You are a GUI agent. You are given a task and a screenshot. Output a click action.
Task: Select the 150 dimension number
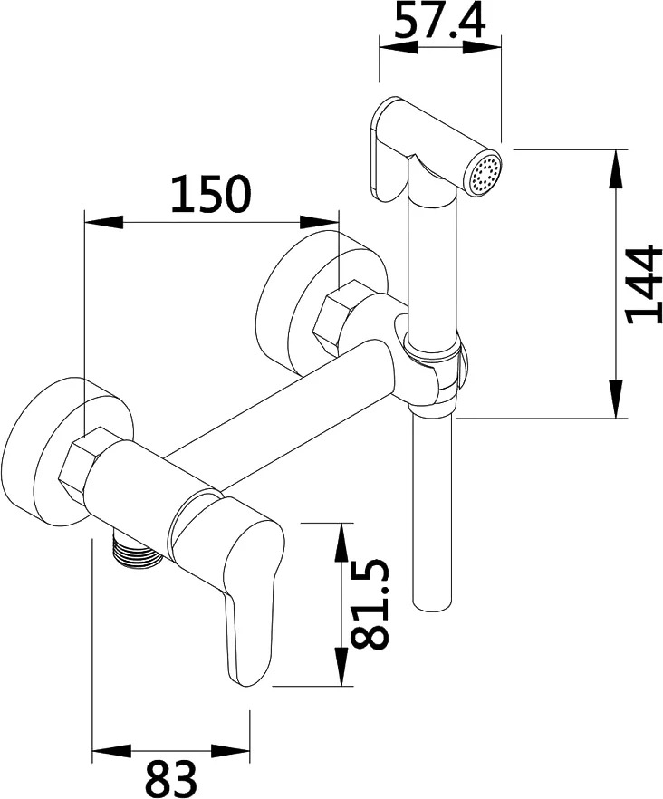point(210,194)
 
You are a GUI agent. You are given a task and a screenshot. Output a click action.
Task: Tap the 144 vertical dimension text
point(644,284)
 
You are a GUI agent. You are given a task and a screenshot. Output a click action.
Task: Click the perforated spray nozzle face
point(485,172)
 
